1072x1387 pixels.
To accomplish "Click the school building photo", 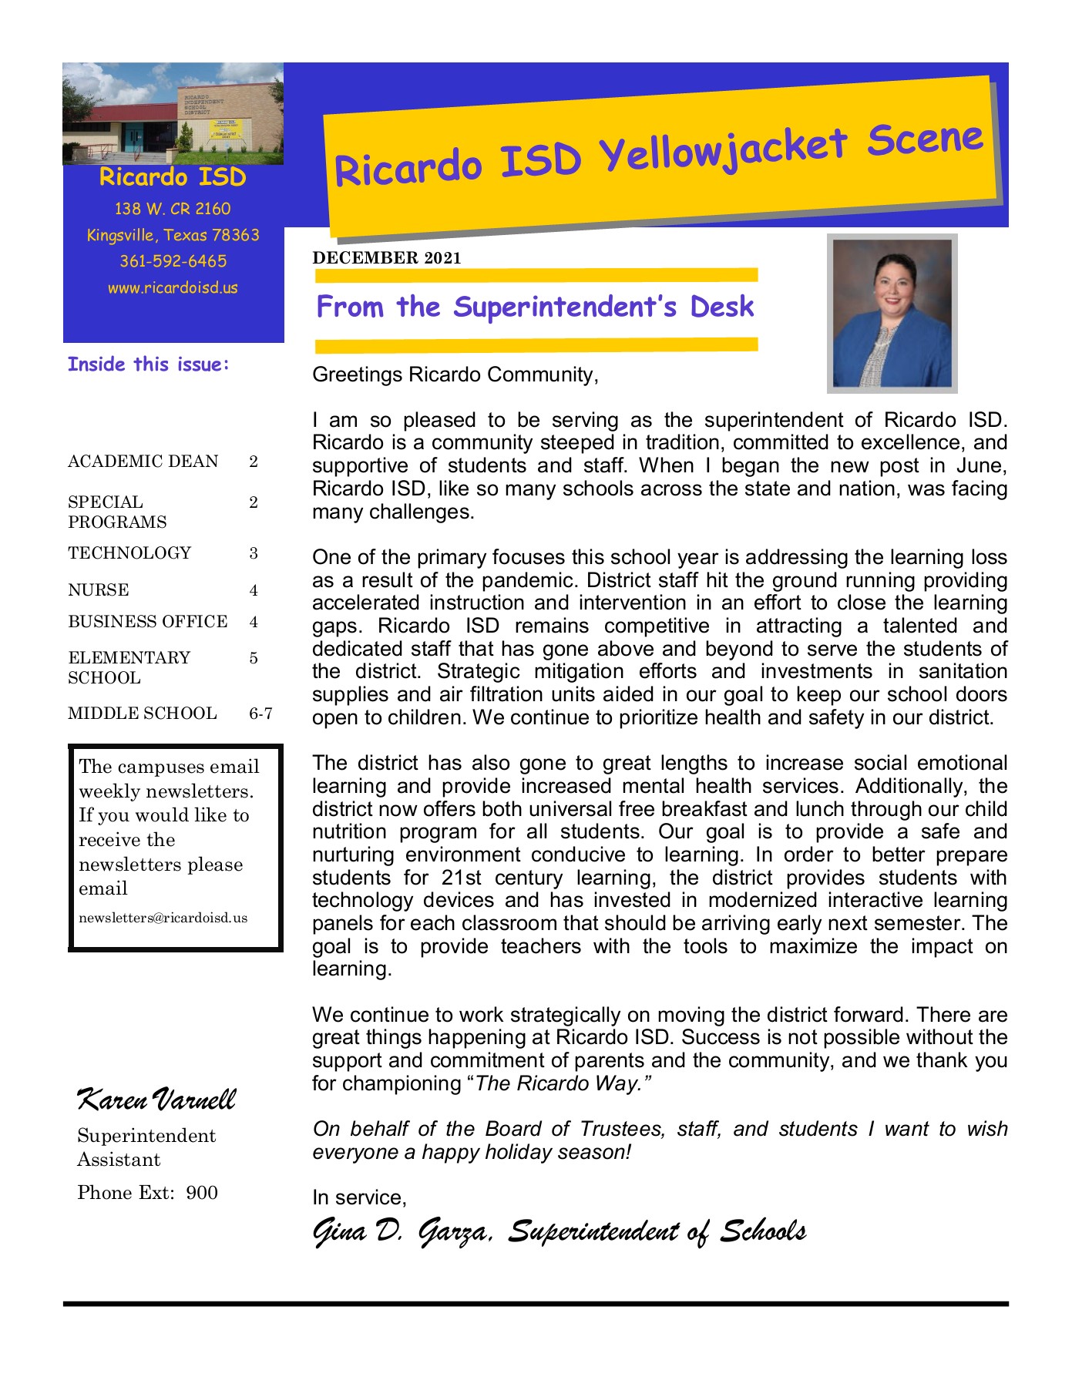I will point(173,113).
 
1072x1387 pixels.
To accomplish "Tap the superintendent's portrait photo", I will point(892,314).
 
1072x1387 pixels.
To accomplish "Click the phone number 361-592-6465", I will point(173,261).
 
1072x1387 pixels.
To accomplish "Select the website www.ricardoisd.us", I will point(173,288).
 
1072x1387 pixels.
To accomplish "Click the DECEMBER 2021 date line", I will point(387,258).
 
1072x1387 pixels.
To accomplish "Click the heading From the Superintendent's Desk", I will point(535,307).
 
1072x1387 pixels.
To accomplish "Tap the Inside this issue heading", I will point(148,364).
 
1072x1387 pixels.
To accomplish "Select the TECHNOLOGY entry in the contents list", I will point(129,553).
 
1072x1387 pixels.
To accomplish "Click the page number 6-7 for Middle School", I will point(260,714).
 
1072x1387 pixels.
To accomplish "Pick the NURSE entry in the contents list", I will point(99,590).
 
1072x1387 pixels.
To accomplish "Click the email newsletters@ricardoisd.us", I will point(163,918).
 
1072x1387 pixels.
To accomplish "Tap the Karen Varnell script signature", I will point(156,1099).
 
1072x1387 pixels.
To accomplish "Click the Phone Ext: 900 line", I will point(147,1193).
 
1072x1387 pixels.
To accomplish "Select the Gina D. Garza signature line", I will point(559,1231).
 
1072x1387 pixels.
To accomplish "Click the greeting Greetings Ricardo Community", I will point(455,375).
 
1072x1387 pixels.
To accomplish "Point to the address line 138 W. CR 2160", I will point(173,209).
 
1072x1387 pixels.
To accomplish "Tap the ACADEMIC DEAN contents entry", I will point(143,462).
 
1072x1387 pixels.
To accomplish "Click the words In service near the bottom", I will point(359,1197).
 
